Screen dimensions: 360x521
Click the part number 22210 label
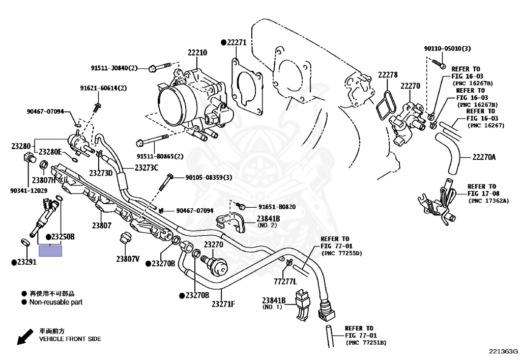pyautogui.click(x=197, y=52)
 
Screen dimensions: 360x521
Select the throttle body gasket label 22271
pyautogui.click(x=236, y=43)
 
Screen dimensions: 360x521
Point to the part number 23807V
pyautogui.click(x=127, y=259)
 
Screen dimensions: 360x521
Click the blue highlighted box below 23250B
pyautogui.click(x=50, y=250)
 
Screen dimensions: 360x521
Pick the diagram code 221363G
pyautogui.click(x=503, y=351)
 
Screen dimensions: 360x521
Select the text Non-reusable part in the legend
pyautogui.click(x=55, y=302)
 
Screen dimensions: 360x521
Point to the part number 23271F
pyautogui.click(x=223, y=304)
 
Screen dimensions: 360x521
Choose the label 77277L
pyautogui.click(x=285, y=281)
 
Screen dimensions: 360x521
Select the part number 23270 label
pyautogui.click(x=214, y=244)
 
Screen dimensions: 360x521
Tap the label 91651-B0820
pyautogui.click(x=277, y=207)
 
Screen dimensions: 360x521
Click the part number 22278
pyautogui.click(x=387, y=75)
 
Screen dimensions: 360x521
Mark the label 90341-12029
pyautogui.click(x=28, y=190)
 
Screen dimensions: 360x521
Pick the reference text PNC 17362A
pyautogui.click(x=488, y=201)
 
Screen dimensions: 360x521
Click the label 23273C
pyautogui.click(x=147, y=168)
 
